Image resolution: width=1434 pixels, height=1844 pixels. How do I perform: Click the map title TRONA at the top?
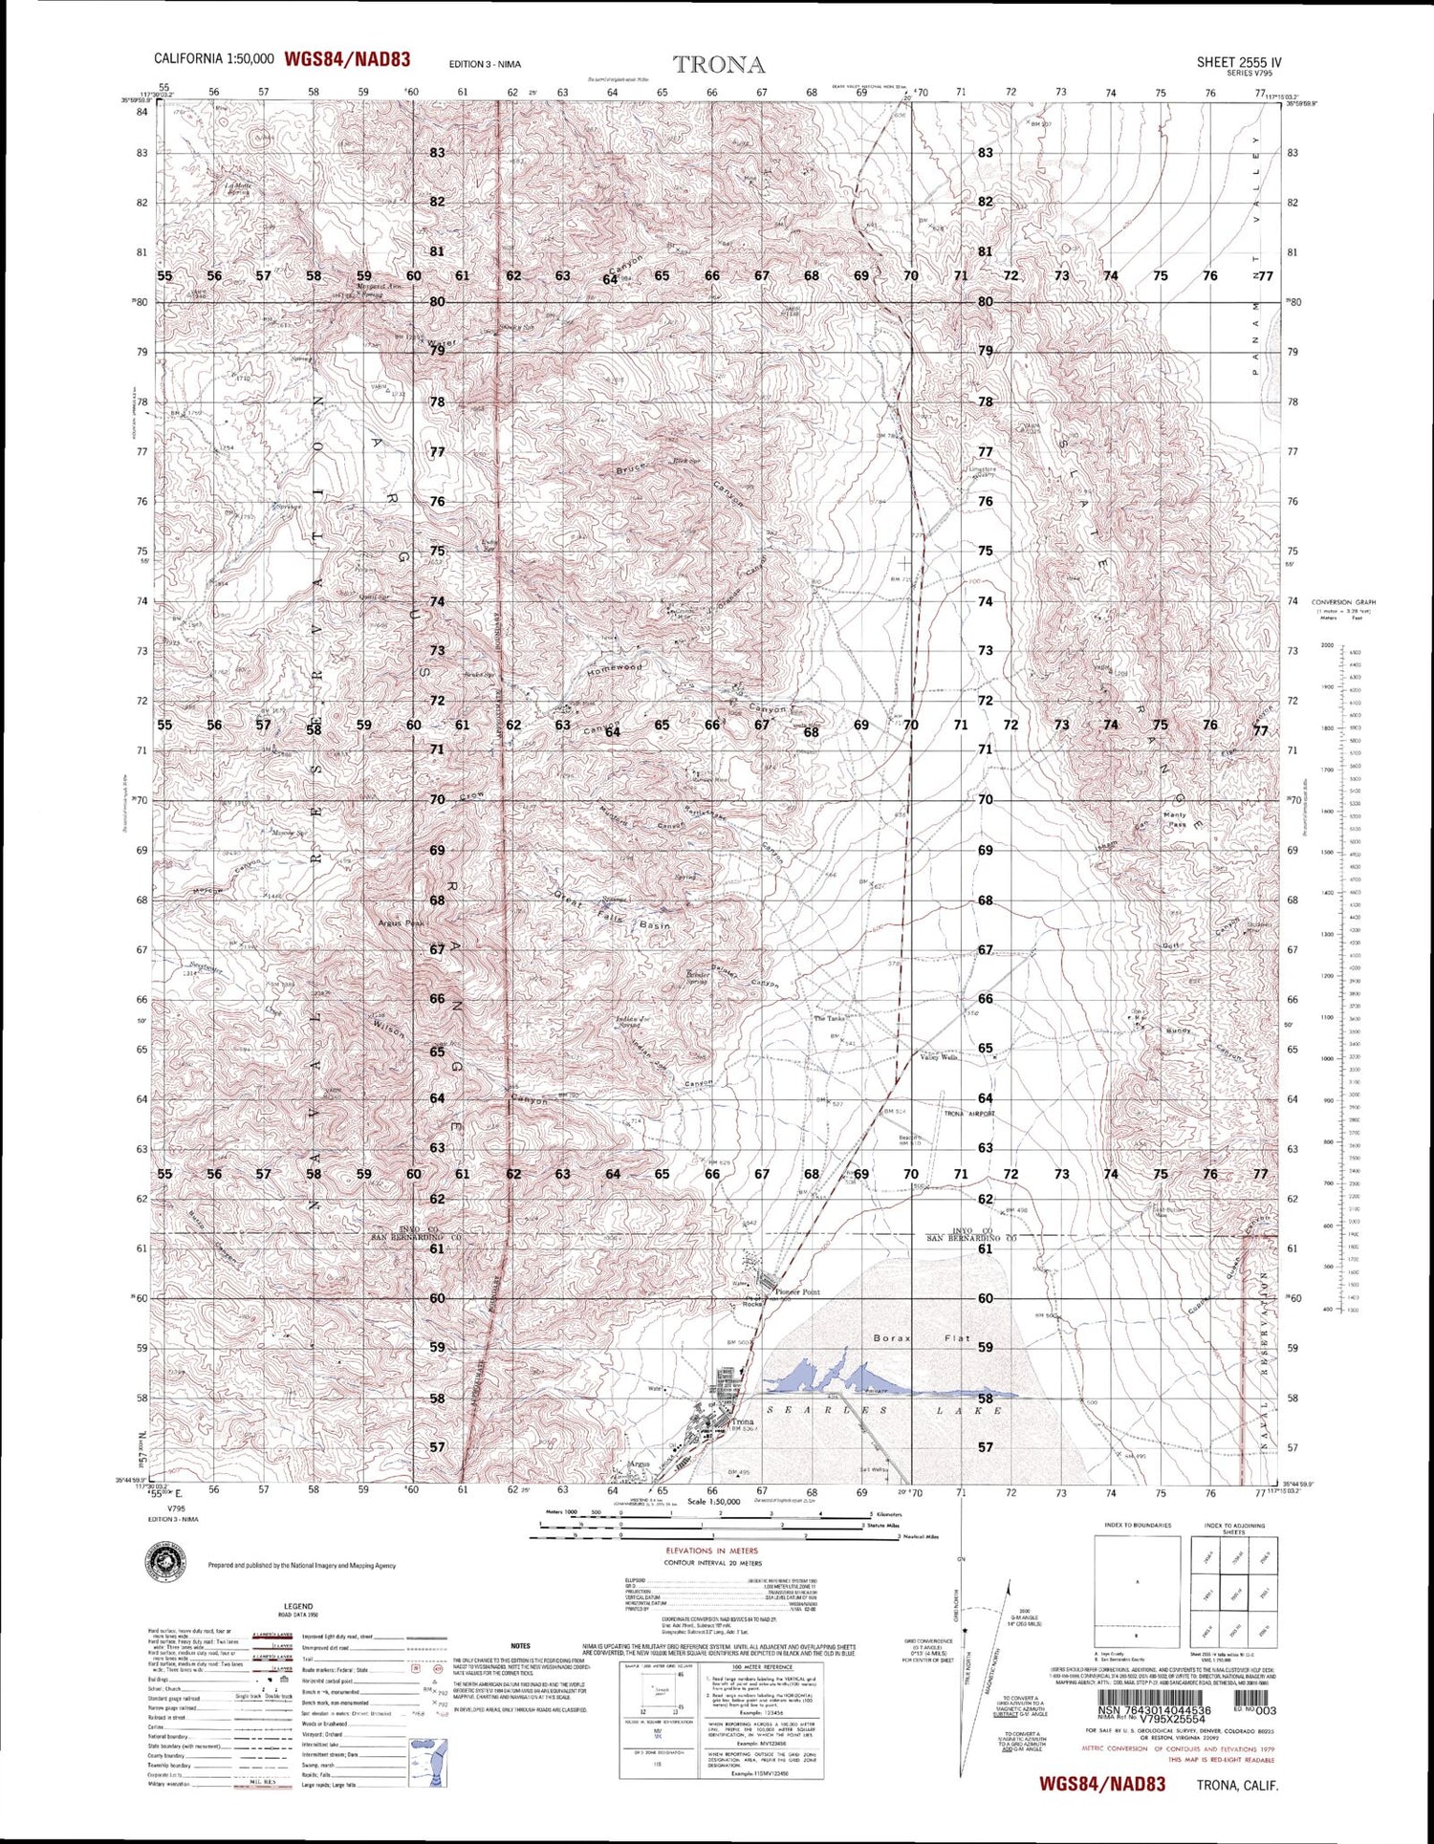click(719, 65)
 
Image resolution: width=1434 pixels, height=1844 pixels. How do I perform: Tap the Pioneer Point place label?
click(797, 1291)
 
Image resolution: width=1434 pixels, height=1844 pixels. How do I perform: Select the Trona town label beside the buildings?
click(742, 1421)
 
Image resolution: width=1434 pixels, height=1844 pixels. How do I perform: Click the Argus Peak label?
click(401, 923)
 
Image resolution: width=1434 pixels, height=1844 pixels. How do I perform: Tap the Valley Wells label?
click(938, 1057)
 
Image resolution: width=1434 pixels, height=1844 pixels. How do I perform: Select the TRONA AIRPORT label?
click(969, 1114)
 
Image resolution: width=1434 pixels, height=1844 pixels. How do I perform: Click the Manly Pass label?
click(1174, 819)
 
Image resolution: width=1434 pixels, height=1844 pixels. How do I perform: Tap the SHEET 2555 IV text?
click(1239, 62)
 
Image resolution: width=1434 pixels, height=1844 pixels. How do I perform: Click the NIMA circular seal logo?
click(164, 1564)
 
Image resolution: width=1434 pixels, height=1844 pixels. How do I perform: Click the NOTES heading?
click(520, 1645)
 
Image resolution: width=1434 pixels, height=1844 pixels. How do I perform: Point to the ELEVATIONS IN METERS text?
click(711, 1551)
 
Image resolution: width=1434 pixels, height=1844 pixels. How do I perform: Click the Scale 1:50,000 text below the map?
click(713, 1501)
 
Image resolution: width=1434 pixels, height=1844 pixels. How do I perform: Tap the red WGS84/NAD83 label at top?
click(347, 59)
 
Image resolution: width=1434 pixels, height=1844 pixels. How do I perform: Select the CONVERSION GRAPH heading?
click(1343, 602)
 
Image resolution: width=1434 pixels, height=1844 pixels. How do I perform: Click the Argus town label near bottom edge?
click(640, 1464)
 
